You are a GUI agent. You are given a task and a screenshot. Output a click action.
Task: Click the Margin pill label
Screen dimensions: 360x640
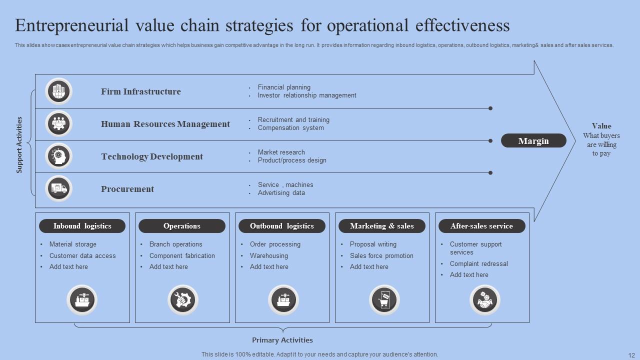[533, 141]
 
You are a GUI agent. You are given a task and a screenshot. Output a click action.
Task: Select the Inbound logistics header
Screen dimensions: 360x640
[82, 226]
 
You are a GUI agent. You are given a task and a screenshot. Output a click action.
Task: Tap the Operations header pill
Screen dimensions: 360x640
[182, 226]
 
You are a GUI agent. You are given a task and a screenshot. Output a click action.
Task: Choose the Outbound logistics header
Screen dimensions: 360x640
[282, 226]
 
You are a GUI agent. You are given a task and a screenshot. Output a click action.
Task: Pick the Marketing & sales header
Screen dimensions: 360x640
[382, 226]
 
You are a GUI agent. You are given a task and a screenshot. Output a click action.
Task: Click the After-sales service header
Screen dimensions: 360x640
[481, 226]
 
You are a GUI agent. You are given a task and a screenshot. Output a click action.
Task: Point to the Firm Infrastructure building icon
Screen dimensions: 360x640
[59, 91]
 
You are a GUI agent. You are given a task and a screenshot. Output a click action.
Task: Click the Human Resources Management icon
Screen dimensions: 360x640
[59, 123]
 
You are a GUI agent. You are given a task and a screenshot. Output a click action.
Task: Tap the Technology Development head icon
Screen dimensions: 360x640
[59, 156]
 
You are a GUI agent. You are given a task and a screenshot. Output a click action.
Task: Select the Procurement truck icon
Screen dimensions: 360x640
[59, 188]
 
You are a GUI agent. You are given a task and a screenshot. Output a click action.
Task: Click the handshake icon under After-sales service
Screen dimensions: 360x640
[485, 300]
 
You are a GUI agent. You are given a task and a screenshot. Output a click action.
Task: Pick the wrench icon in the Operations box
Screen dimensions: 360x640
[182, 300]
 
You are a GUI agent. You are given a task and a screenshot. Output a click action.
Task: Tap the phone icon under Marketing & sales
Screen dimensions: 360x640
[384, 300]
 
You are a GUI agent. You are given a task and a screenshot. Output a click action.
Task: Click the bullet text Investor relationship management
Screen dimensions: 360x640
[307, 95]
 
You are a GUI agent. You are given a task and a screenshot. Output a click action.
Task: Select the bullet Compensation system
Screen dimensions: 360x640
[291, 128]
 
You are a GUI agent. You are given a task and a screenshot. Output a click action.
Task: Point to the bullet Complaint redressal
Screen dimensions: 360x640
[478, 263]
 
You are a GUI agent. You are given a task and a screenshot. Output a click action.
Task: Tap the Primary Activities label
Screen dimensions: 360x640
[282, 340]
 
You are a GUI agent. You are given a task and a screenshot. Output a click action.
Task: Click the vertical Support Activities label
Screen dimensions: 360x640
[19, 145]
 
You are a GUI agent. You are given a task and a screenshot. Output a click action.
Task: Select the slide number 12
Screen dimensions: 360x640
[630, 354]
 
